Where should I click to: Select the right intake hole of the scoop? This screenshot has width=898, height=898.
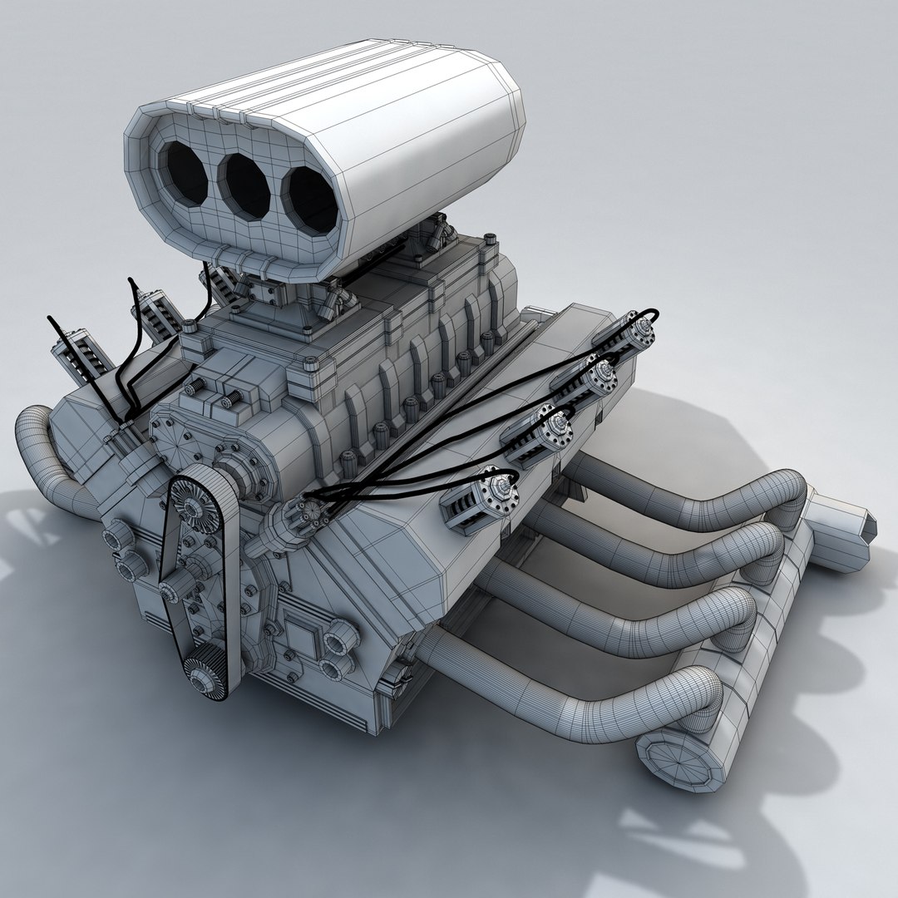(x=307, y=200)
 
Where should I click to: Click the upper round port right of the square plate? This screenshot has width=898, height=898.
(x=342, y=639)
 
